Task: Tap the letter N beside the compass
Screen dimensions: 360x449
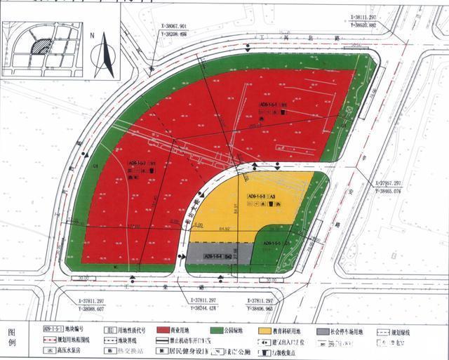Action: click(92, 33)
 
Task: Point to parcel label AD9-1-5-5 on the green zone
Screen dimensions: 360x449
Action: click(276, 244)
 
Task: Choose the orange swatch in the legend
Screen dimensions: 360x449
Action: click(264, 329)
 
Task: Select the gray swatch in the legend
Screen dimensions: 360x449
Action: click(323, 329)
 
